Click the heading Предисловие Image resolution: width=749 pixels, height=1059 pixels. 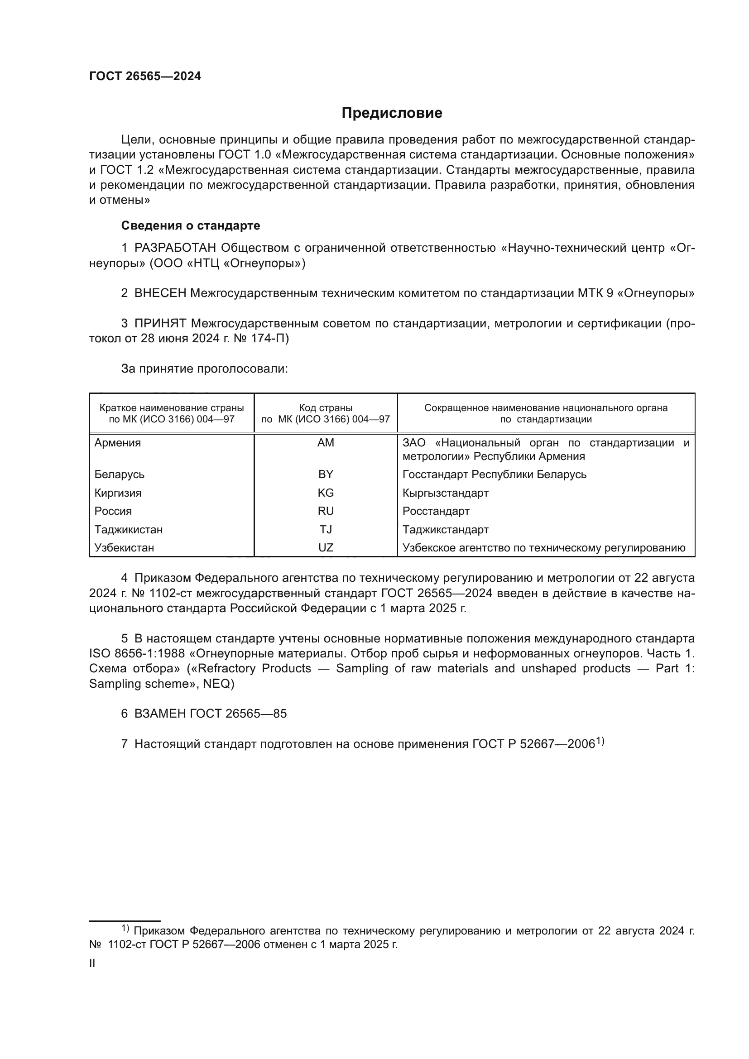click(392, 113)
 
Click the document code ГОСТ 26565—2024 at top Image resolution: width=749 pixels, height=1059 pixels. click(145, 77)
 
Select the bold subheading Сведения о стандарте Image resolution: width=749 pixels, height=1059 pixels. click(191, 225)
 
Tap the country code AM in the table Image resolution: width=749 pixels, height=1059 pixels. click(326, 443)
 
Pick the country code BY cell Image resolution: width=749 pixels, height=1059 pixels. click(326, 474)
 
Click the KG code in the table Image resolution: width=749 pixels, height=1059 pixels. click(326, 493)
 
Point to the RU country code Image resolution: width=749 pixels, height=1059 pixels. click(326, 511)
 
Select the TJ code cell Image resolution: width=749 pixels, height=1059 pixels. click(326, 530)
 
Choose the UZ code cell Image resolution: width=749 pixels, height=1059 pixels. click(326, 547)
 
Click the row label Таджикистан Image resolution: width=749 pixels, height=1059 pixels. click(128, 530)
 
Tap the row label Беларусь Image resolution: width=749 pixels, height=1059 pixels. click(119, 474)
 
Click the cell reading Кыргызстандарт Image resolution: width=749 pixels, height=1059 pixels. click(445, 493)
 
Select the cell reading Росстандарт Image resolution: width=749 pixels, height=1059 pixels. click(436, 511)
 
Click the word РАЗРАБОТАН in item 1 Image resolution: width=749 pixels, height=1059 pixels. click(175, 248)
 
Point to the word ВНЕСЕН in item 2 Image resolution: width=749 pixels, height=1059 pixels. click(160, 293)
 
